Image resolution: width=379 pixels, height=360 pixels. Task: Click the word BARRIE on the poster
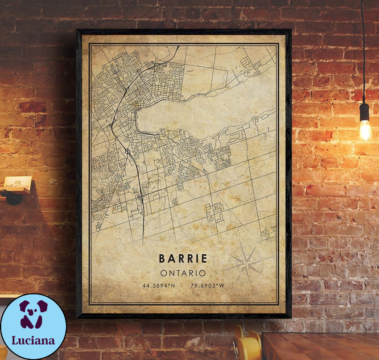pyautogui.click(x=183, y=258)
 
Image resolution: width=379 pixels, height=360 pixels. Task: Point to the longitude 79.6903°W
pyautogui.click(x=206, y=286)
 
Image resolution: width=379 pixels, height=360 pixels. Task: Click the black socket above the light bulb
pyautogui.click(x=364, y=112)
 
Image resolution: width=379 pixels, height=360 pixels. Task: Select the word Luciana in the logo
pyautogui.click(x=33, y=340)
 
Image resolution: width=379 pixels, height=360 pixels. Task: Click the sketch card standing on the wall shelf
pyautogui.click(x=18, y=183)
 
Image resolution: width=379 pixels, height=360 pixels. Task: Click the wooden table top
pyautogui.click(x=321, y=346)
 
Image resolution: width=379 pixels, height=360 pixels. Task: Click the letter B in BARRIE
pyautogui.click(x=161, y=258)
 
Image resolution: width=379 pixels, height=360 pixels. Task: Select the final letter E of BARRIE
pyautogui.click(x=204, y=258)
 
